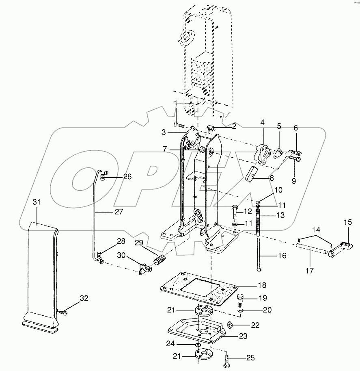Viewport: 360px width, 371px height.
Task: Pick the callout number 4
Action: click(262, 122)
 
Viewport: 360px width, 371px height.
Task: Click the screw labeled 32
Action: click(63, 313)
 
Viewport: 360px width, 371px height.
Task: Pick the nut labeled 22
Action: click(229, 325)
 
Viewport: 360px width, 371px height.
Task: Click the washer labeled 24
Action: click(198, 345)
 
